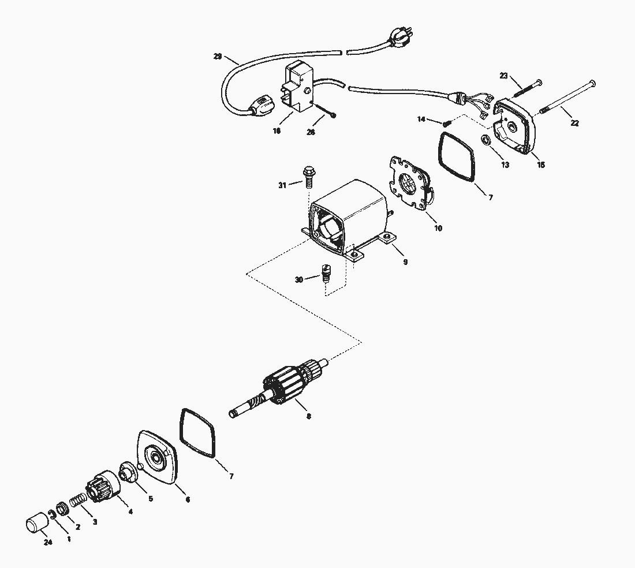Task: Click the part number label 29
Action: coord(217,56)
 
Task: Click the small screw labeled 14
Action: coord(447,122)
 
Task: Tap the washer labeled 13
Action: coord(487,140)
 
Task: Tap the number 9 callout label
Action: coord(405,261)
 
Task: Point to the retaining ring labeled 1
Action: coord(53,515)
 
